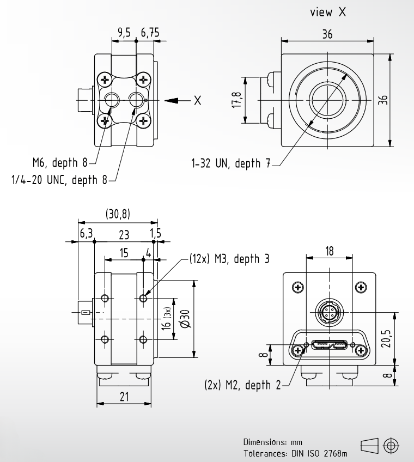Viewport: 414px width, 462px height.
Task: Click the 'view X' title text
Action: [328, 12]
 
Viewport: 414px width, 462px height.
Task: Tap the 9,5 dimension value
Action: [124, 32]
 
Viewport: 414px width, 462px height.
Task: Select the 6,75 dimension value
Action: [150, 32]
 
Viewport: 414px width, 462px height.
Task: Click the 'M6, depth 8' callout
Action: [60, 162]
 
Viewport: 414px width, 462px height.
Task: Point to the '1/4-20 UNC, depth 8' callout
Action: [59, 179]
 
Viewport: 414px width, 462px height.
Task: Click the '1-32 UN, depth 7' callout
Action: [231, 163]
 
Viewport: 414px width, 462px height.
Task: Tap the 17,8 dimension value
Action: [236, 100]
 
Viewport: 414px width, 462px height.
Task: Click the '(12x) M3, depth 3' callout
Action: [229, 259]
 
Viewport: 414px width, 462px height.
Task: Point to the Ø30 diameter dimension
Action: [186, 319]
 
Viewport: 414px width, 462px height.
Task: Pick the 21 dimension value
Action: [124, 397]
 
